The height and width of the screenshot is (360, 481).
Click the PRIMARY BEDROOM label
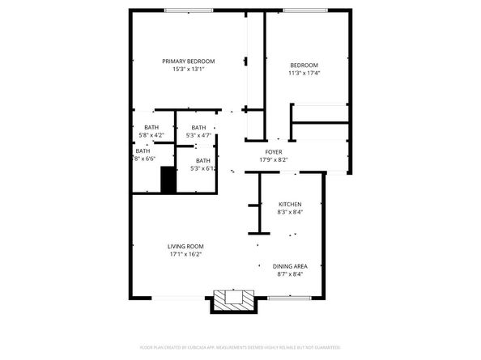(188, 61)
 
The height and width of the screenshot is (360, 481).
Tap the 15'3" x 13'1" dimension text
(188, 70)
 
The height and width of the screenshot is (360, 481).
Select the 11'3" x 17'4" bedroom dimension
(304, 74)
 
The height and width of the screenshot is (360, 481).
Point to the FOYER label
(274, 152)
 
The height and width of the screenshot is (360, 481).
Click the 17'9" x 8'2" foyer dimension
(274, 160)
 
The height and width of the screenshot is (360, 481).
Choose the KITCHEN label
(290, 204)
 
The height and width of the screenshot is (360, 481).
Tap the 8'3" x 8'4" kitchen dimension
(290, 212)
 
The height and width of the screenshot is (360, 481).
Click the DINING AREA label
(289, 266)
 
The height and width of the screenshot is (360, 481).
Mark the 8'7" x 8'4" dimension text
(289, 274)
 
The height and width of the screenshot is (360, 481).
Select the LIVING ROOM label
(185, 246)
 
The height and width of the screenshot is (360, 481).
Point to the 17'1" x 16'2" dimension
(185, 254)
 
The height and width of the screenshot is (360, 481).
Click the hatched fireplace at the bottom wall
(234, 303)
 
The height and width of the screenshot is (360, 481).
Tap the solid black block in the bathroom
(168, 180)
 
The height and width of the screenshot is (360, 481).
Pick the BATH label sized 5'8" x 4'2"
(151, 127)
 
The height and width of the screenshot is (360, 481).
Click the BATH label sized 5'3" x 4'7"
(198, 127)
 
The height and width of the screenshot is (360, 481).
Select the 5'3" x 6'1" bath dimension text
(202, 169)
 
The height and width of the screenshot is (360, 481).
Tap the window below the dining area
(285, 297)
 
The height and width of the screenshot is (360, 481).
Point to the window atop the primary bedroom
(188, 10)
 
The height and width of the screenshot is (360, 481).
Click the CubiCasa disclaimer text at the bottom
(240, 347)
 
